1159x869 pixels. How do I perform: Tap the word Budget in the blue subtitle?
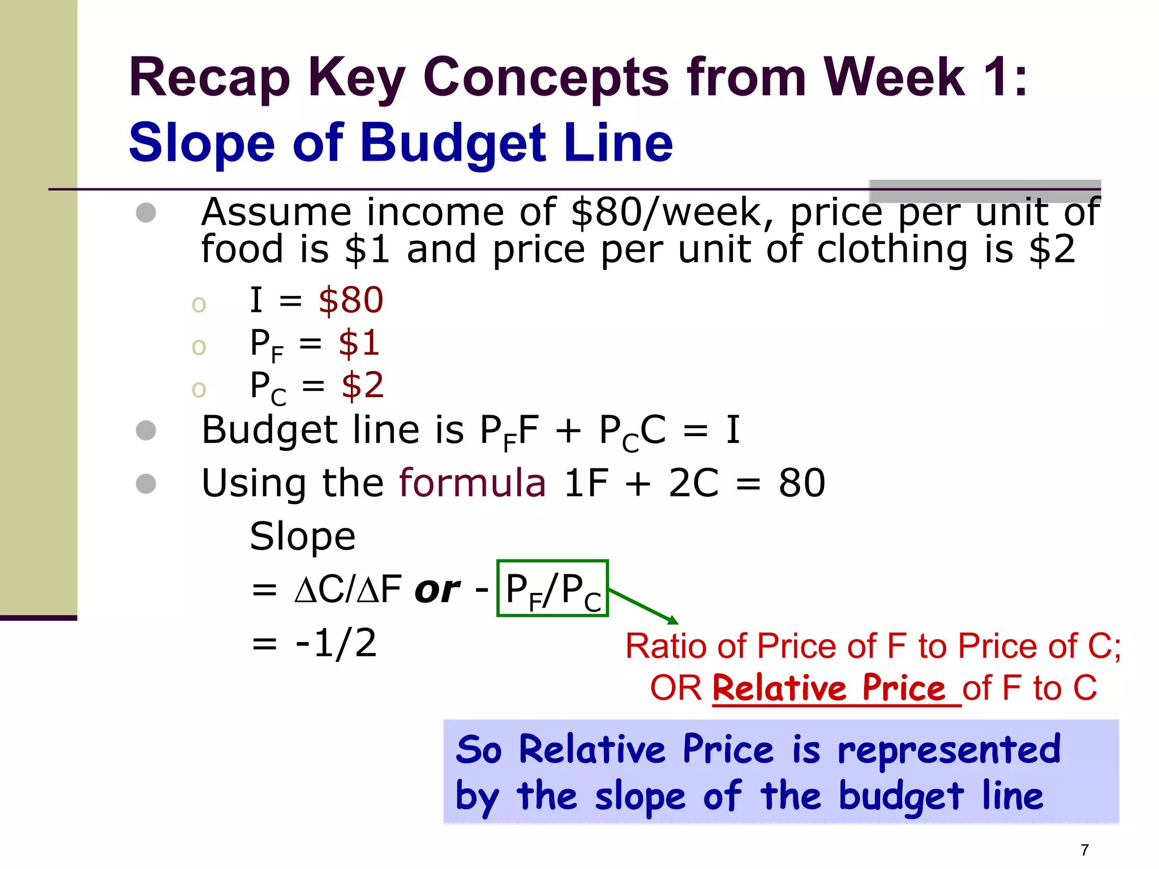(x=453, y=143)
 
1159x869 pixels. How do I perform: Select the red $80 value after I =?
(x=351, y=300)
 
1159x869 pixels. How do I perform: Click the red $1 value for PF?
(x=359, y=343)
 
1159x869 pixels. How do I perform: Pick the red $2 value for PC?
(x=363, y=386)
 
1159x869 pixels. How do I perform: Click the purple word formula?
(x=473, y=483)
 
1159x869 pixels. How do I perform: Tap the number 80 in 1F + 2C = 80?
(x=802, y=483)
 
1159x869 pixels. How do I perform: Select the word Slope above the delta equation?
(x=303, y=536)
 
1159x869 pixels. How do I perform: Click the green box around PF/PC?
(x=552, y=588)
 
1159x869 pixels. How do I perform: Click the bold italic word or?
(x=437, y=590)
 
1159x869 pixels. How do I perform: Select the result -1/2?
(x=336, y=643)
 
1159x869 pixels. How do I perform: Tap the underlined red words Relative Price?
(x=829, y=689)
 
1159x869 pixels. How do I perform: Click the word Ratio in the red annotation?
(x=666, y=646)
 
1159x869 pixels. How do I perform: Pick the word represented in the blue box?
(x=949, y=750)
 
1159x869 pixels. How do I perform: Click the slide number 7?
(x=1085, y=850)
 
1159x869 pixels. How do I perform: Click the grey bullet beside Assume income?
(x=146, y=213)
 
